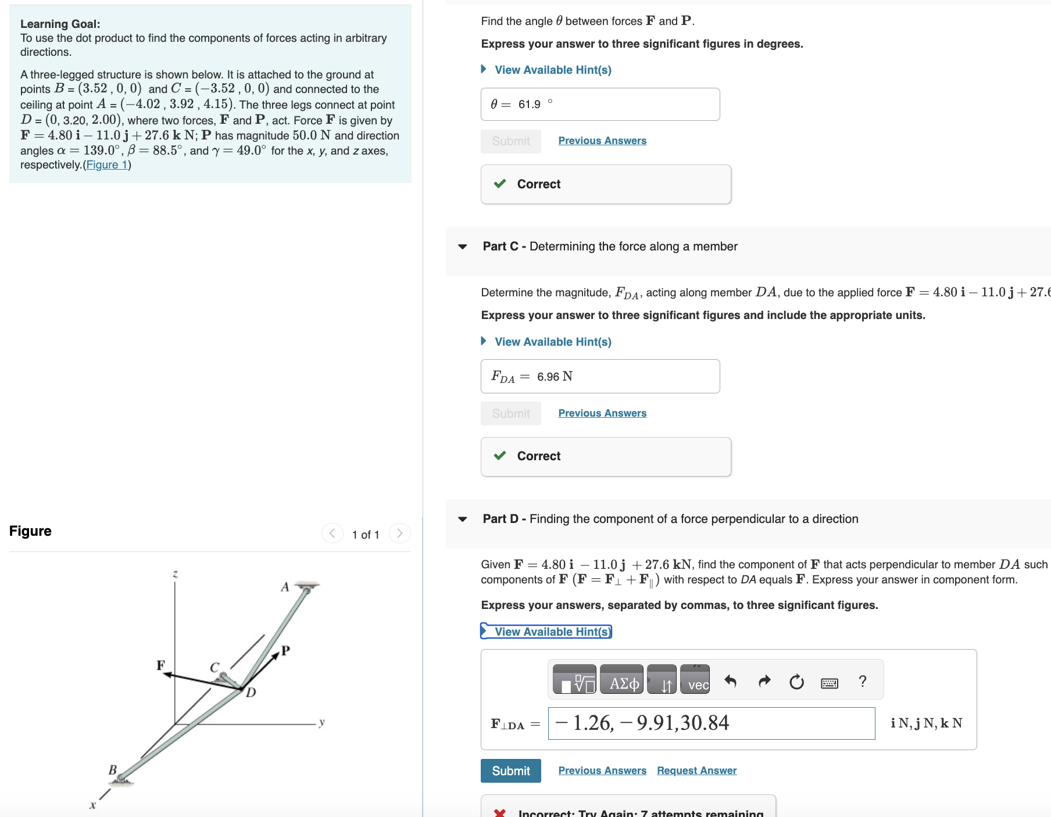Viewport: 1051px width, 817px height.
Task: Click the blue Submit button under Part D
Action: [510, 771]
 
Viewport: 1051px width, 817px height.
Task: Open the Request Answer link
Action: [696, 771]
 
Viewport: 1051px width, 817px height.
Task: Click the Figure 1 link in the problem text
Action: [107, 165]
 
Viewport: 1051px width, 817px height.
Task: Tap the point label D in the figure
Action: [251, 692]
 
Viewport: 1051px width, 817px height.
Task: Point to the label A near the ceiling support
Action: [285, 587]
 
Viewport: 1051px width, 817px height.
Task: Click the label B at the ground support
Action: [113, 770]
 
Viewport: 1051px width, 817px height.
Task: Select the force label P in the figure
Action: [285, 650]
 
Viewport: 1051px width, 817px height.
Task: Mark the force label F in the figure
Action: [160, 665]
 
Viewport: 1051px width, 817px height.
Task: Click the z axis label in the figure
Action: [175, 574]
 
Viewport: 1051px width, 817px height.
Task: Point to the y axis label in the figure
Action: [321, 722]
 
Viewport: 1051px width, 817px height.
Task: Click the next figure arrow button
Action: [399, 533]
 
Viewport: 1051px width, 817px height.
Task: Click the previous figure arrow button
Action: [332, 533]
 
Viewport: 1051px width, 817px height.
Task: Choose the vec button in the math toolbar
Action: [695, 680]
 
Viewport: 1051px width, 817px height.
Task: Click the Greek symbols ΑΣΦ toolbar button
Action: [621, 680]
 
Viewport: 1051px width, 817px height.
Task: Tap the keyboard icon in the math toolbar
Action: [830, 682]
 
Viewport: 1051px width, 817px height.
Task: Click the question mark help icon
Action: [863, 681]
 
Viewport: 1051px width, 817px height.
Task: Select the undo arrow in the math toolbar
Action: [731, 681]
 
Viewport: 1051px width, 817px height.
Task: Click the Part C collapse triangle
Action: [463, 246]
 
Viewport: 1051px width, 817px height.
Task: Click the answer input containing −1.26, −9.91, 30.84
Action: [711, 723]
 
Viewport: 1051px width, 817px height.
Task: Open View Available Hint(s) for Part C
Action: [552, 342]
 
